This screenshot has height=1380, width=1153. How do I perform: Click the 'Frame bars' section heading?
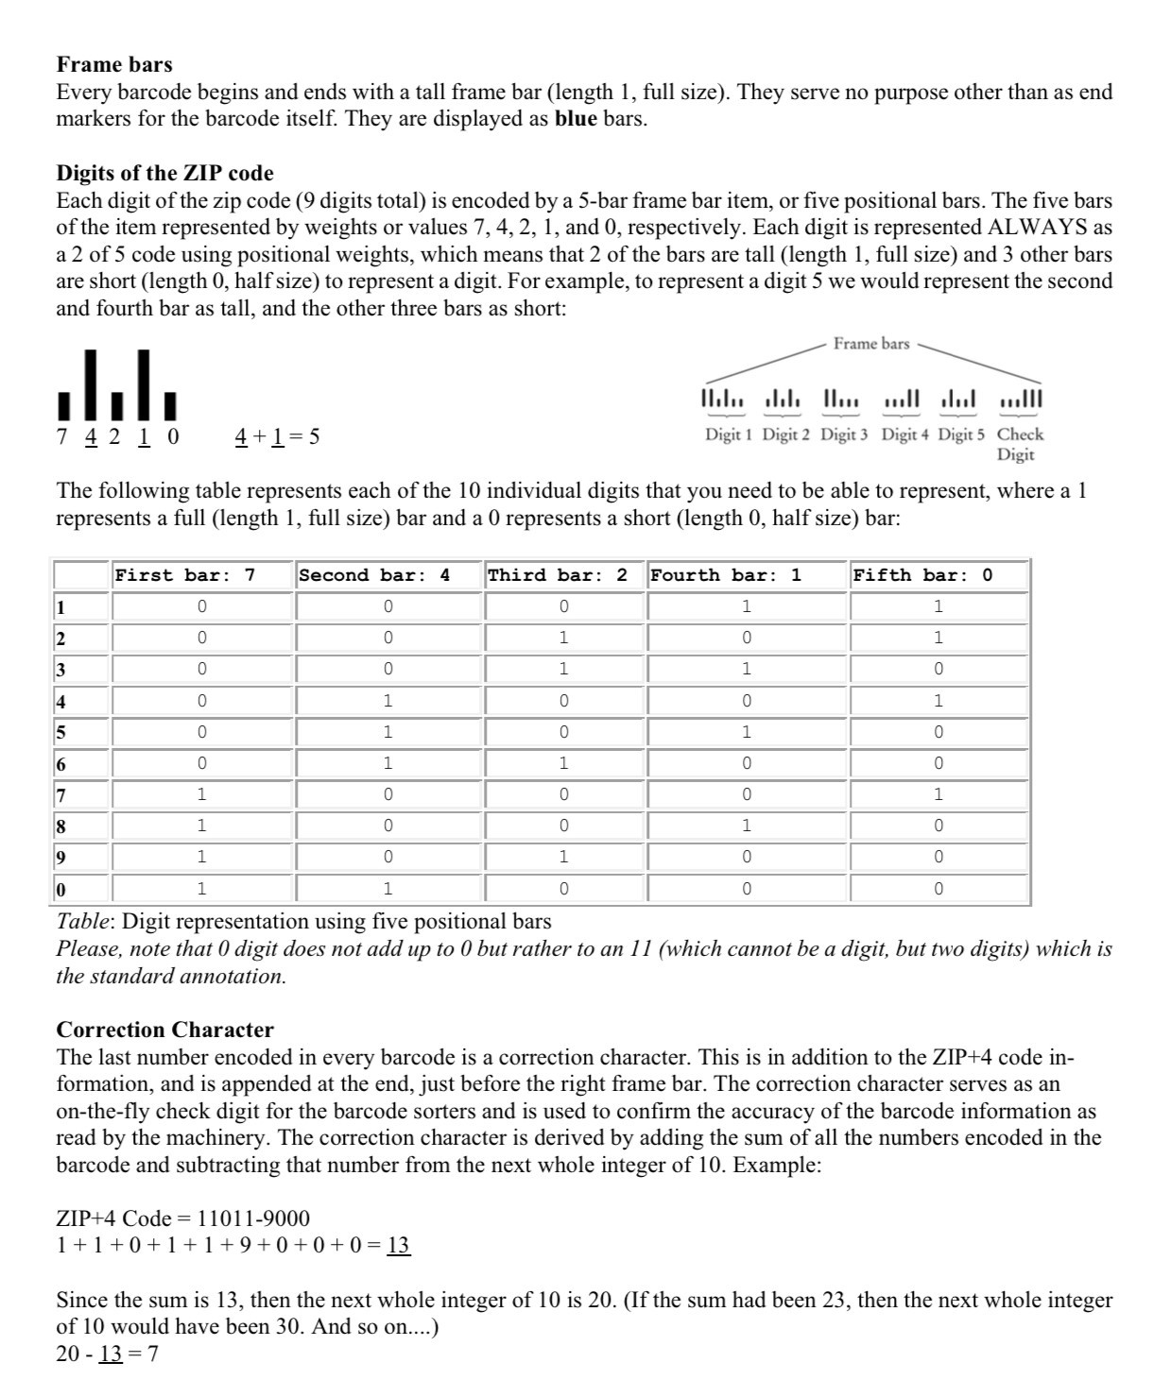114,64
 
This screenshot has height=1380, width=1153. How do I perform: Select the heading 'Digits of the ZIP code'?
165,173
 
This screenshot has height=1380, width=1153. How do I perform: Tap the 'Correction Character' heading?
165,1030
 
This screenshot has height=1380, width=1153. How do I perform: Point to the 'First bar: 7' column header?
184,575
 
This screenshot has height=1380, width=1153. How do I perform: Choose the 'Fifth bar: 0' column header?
921,575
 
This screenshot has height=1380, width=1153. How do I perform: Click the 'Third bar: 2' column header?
557,575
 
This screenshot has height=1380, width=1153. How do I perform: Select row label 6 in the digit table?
60,764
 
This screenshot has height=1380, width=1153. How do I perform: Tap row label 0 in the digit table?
60,890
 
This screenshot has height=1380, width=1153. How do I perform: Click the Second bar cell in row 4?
388,701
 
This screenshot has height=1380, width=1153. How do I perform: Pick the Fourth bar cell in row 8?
747,826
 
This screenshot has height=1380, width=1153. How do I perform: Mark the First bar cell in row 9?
201,858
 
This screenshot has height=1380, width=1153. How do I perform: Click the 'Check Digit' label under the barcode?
1020,444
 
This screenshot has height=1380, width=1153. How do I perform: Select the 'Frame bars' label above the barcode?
870,344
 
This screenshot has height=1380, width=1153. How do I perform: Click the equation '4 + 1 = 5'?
276,436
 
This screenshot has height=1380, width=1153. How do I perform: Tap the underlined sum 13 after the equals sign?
400,1246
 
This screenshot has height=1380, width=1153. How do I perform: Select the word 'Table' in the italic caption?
84,921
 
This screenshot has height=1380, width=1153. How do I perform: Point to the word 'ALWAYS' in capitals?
1036,228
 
